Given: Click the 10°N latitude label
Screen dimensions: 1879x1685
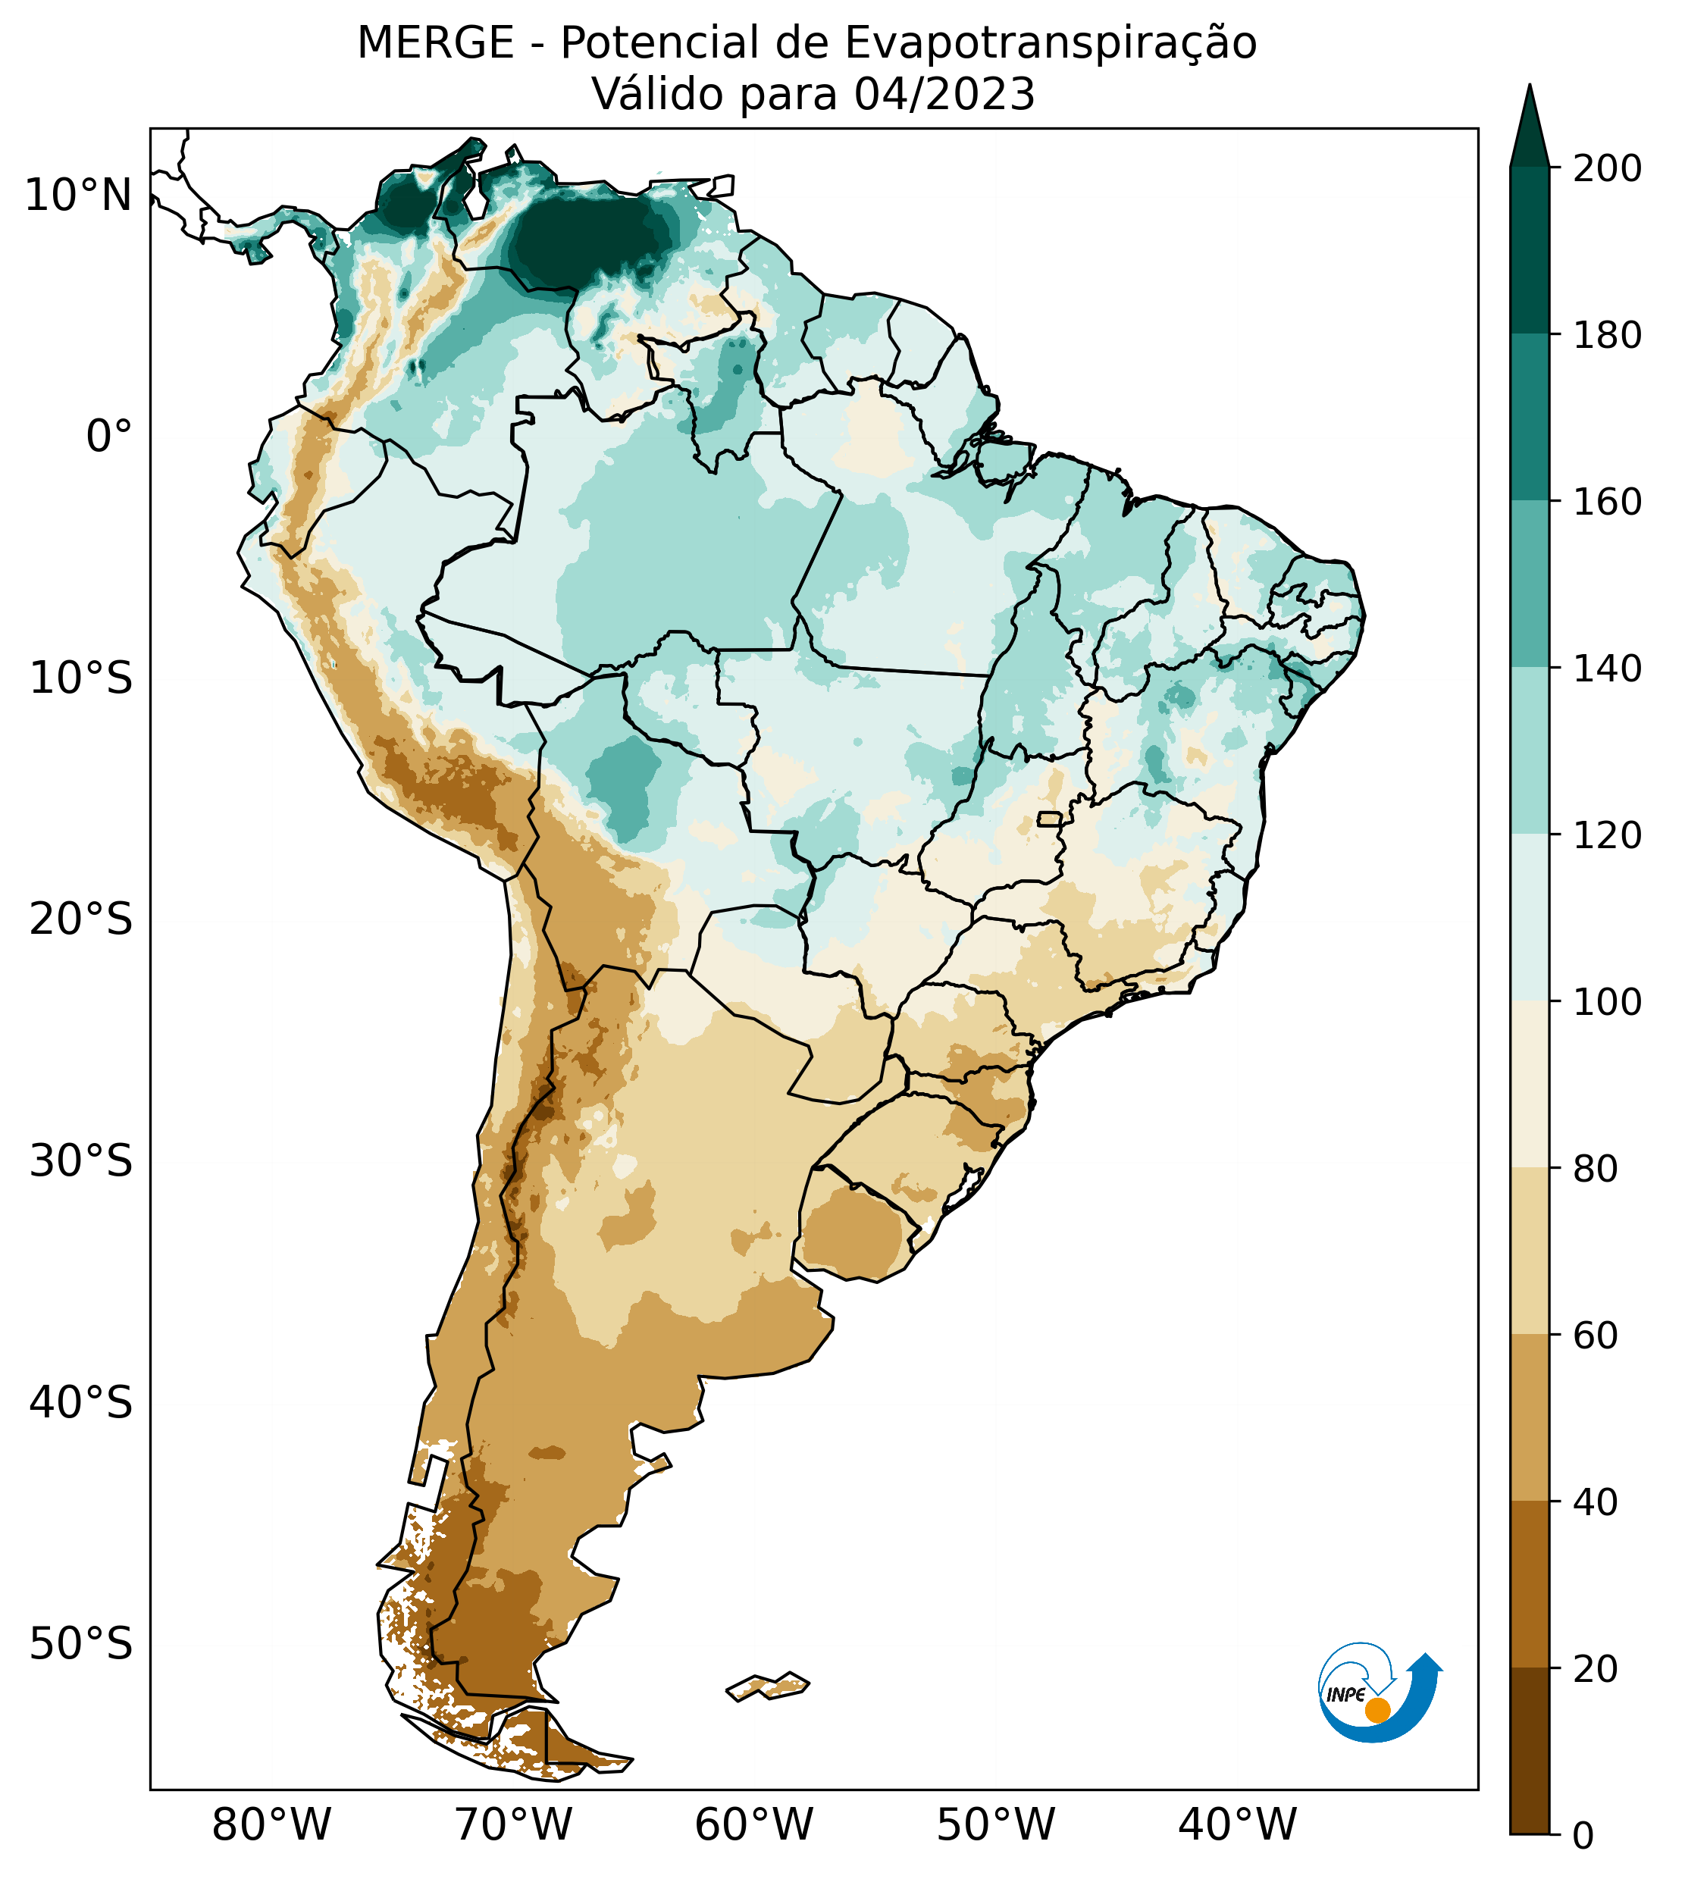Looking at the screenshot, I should [x=78, y=196].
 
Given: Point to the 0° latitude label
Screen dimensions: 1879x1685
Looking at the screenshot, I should [x=108, y=436].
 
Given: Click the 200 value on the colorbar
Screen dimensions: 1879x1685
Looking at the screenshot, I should [x=1607, y=168].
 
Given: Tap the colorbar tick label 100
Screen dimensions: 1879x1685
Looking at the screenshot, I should [x=1607, y=1001].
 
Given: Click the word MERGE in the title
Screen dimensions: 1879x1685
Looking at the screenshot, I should [x=435, y=42].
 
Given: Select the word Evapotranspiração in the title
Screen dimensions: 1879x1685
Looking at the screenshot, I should [x=1051, y=42].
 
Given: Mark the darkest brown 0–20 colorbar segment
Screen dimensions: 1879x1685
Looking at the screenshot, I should [x=1530, y=1750].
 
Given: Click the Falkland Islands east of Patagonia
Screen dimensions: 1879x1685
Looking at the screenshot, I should [x=769, y=1686].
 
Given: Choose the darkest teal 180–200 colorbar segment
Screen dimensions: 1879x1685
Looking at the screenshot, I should [x=1530, y=250].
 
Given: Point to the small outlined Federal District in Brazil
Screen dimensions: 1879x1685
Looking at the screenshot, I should [x=1050, y=819].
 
